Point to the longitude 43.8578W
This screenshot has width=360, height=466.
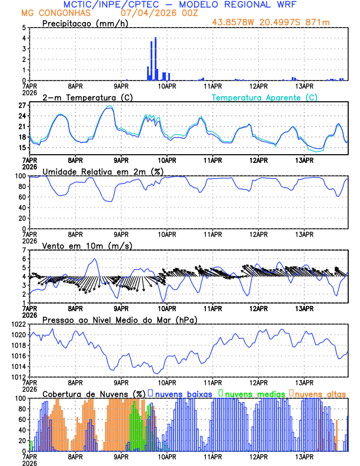tap(233, 24)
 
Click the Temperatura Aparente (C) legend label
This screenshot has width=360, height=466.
tap(265, 97)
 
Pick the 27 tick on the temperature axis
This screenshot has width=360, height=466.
tap(22, 106)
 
